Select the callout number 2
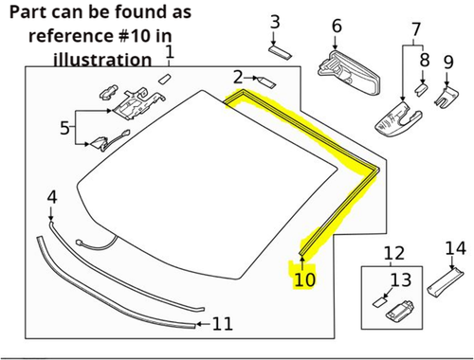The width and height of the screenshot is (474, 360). coord(237,77)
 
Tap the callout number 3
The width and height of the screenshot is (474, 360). coord(275,22)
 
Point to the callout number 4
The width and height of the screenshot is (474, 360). coord(52,197)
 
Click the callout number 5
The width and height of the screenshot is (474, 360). coord(65,126)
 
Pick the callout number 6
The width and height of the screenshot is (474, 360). coord(337,27)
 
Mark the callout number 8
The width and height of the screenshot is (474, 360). coord(425,60)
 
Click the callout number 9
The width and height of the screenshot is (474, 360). coord(448,63)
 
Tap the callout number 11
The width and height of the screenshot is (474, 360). coord(221,324)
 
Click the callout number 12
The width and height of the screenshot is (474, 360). coord(392,253)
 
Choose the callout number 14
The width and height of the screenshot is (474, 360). coord(456,248)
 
